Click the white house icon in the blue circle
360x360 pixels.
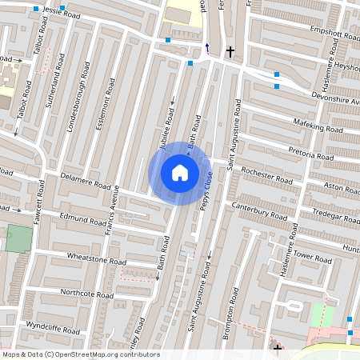180,172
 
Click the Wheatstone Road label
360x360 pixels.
97,261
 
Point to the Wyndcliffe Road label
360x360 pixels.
53,329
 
